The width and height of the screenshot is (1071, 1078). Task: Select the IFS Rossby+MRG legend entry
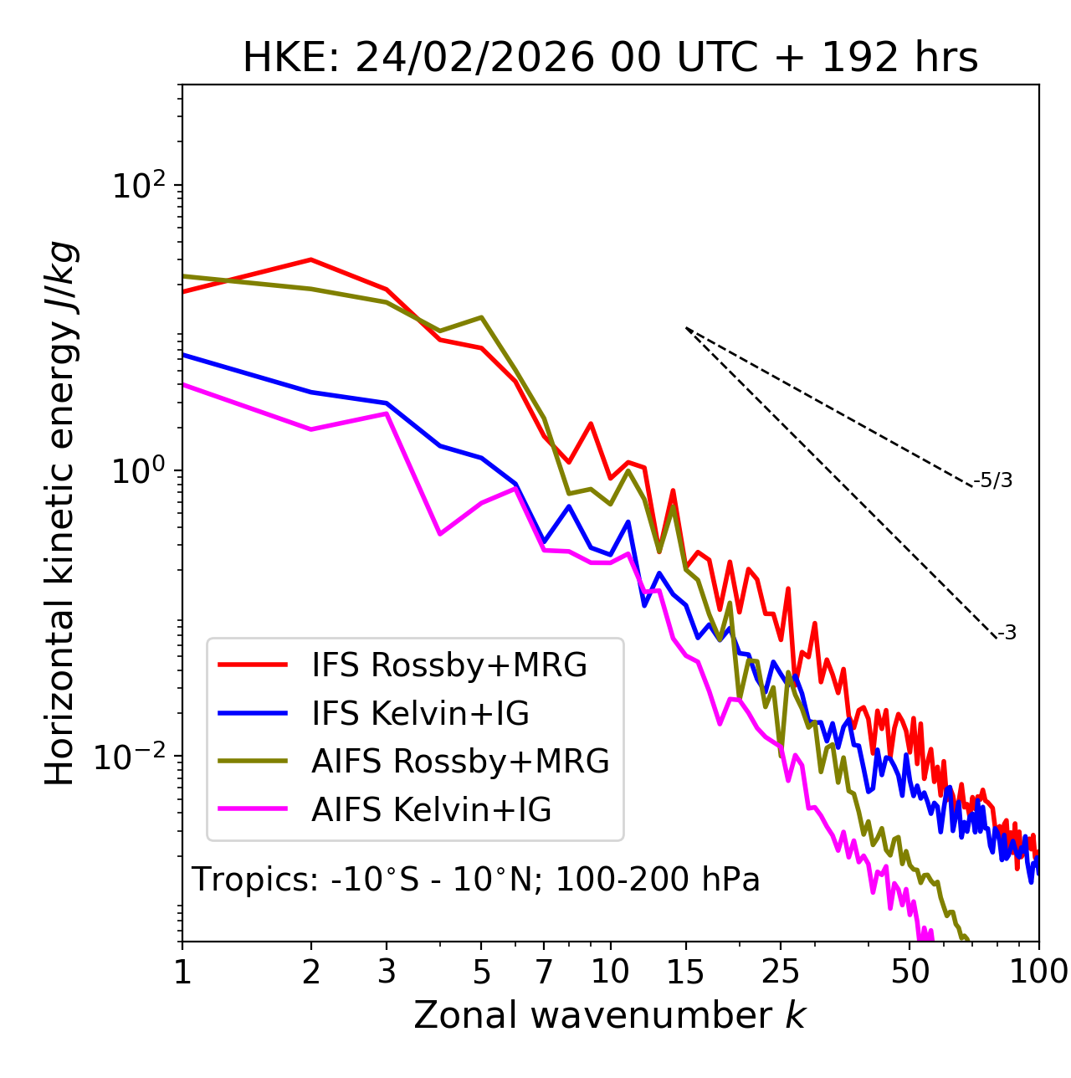448,665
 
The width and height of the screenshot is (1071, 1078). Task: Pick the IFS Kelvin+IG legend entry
420,714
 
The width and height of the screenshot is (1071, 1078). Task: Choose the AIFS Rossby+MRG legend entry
460,762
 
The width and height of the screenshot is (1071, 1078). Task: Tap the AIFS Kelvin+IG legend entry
431,810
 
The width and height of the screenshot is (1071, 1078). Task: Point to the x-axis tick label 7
544,972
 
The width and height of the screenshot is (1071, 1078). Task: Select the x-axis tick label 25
781,972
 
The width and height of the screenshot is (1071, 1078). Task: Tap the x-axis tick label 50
910,972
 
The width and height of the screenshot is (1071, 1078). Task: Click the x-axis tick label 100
1038,972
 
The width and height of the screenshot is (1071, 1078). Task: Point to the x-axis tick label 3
386,972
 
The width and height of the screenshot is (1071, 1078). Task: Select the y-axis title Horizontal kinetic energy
60,514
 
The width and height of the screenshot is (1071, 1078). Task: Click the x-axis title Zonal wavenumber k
610,1016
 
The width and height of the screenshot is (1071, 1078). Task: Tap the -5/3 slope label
993,480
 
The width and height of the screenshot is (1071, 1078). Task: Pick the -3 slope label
1007,634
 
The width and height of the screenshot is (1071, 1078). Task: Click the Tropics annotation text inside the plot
476,880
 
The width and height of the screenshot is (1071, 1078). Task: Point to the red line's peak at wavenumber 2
311,259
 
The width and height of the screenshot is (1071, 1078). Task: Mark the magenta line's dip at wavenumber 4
440,534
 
